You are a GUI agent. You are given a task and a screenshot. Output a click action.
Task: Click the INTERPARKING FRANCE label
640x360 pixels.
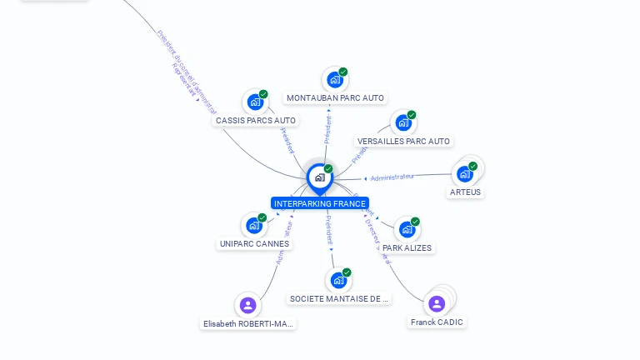point(319,203)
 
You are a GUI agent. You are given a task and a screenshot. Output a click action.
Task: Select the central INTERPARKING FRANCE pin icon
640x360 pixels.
point(319,177)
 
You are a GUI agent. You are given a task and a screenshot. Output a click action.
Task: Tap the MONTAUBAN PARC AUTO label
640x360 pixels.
point(335,98)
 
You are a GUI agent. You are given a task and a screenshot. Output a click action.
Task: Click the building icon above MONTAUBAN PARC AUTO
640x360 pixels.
point(335,80)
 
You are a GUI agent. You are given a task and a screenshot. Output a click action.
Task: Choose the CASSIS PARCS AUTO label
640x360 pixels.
point(256,121)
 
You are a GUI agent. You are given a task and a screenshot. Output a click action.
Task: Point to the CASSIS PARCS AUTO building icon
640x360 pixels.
point(255,102)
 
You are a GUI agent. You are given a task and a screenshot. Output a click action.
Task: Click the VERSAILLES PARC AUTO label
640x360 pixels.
point(403,142)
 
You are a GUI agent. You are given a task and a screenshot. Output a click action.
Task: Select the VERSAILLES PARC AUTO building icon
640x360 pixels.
point(403,123)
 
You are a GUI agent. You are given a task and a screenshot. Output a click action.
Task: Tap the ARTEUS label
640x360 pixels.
point(465,192)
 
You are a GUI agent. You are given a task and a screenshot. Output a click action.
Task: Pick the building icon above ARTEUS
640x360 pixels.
point(465,174)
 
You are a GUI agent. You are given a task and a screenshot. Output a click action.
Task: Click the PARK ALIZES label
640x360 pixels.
point(407,247)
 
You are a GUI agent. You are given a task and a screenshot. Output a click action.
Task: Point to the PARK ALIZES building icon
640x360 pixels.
point(407,229)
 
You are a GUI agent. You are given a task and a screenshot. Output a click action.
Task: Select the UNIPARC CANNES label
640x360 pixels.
point(254,244)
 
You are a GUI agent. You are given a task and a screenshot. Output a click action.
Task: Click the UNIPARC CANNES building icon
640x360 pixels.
point(254,225)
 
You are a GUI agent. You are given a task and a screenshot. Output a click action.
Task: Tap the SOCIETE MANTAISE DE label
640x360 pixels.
point(339,298)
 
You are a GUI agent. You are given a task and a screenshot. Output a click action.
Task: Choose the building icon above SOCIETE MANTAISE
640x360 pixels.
point(338,280)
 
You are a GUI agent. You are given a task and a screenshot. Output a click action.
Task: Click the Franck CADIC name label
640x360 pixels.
point(437,322)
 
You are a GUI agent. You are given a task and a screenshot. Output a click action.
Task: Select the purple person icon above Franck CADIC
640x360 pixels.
point(437,303)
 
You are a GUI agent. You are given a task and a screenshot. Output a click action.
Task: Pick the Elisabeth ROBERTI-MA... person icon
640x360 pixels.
point(247,305)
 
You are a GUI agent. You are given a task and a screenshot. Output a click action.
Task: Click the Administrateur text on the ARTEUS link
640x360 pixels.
point(392,177)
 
